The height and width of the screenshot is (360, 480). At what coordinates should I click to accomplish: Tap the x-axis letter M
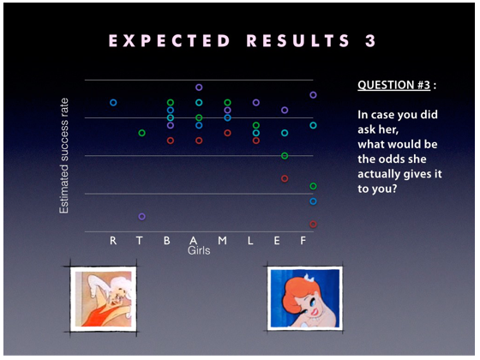click(x=223, y=241)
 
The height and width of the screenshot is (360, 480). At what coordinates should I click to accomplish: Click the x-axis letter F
click(x=303, y=241)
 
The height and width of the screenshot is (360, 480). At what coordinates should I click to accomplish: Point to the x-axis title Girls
click(x=199, y=250)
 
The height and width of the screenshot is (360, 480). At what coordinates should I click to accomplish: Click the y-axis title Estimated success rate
click(x=64, y=156)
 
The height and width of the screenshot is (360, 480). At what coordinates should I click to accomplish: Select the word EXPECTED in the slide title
click(x=170, y=41)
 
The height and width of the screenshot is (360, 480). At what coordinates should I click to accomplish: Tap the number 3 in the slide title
click(x=370, y=41)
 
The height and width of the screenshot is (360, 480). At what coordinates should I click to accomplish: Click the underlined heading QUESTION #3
click(x=394, y=85)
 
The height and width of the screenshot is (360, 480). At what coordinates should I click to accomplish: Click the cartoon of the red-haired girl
click(x=305, y=298)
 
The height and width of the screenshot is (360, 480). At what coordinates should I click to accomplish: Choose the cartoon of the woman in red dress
click(x=104, y=298)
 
